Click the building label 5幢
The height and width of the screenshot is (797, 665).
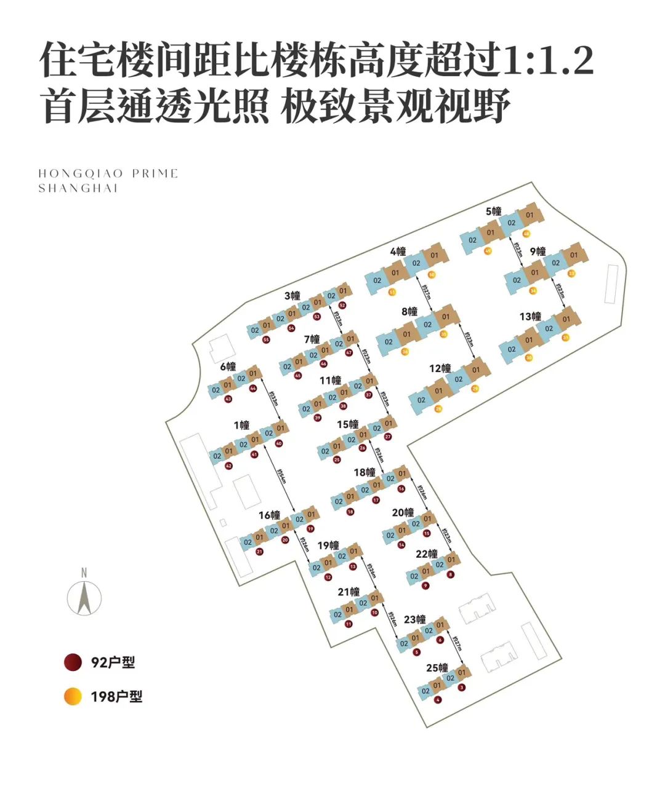click(493, 212)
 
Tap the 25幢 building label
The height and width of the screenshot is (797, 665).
click(437, 668)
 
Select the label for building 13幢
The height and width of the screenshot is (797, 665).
click(530, 317)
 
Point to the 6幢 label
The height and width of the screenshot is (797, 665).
click(228, 367)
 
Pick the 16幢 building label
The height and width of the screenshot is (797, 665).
click(269, 515)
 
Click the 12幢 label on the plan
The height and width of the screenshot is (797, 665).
click(440, 368)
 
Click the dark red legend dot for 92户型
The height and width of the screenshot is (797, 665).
click(73, 662)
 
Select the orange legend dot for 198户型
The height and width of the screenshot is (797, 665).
click(73, 696)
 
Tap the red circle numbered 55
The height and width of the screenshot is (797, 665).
click(266, 339)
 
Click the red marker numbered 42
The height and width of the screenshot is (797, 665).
click(229, 466)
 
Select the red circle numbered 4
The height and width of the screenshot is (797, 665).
click(438, 700)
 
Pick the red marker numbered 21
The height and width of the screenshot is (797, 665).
click(259, 552)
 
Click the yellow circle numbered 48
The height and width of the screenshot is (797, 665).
click(526, 234)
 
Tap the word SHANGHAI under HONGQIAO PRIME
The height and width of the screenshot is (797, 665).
click(78, 189)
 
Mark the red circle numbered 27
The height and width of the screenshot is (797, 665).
click(388, 437)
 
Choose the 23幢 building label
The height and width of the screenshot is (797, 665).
click(415, 619)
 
